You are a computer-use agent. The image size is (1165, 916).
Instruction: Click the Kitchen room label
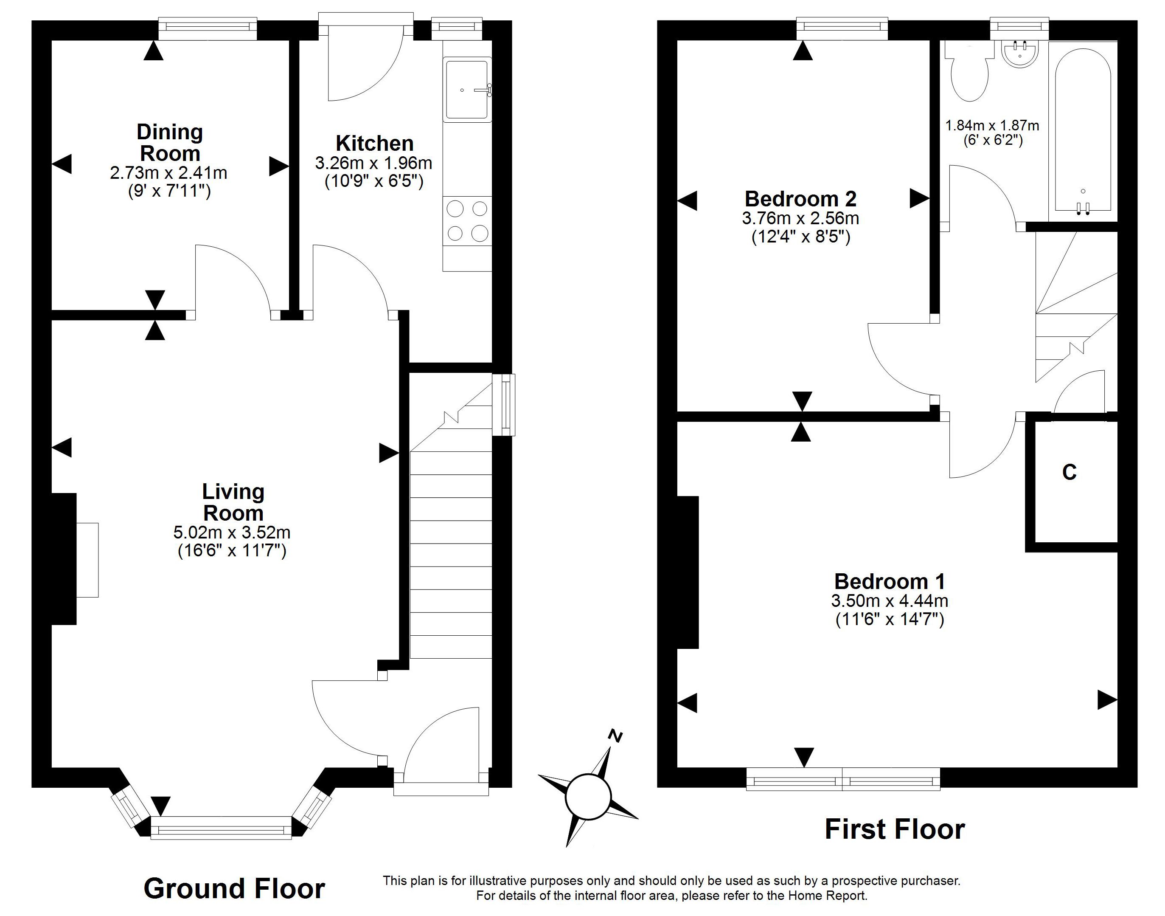click(x=375, y=143)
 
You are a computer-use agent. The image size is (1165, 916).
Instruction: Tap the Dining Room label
click(x=170, y=142)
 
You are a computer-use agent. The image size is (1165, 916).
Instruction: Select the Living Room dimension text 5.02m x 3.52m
click(x=232, y=533)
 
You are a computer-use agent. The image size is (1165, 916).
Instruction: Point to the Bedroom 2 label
click(x=800, y=199)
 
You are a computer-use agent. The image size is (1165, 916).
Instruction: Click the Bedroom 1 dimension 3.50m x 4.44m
click(x=890, y=600)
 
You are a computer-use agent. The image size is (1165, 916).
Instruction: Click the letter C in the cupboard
click(x=1070, y=472)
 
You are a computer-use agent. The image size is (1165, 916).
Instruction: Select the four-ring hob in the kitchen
click(x=467, y=220)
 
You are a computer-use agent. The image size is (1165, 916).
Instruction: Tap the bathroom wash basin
click(x=1020, y=54)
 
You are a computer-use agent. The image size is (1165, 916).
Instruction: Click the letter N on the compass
click(x=616, y=736)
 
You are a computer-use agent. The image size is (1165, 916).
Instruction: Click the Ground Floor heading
click(x=234, y=889)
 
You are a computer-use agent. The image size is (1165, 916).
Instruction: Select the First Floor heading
click(x=895, y=829)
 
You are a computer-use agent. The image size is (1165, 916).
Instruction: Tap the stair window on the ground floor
click(x=504, y=405)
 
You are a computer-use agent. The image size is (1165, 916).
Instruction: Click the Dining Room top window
click(x=208, y=29)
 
